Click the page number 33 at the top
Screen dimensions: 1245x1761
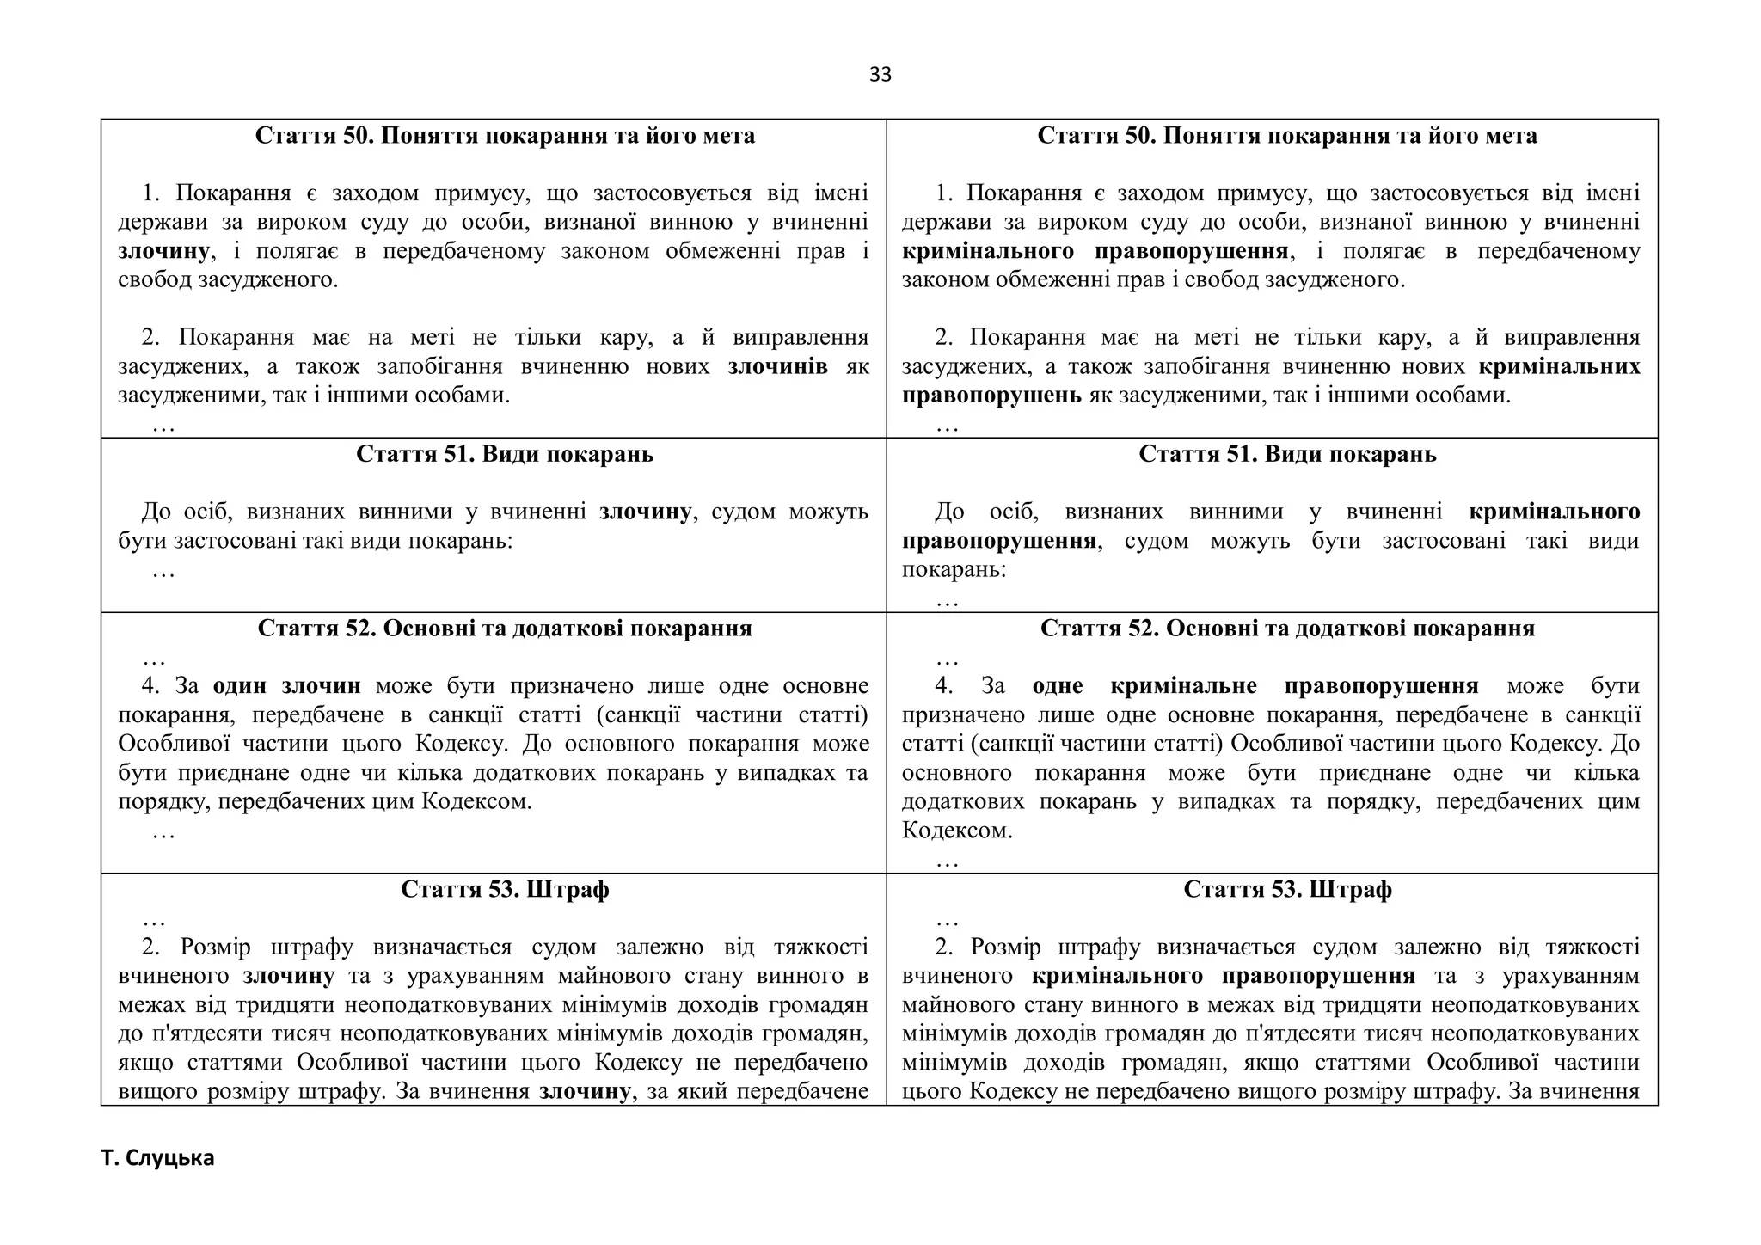[x=880, y=75]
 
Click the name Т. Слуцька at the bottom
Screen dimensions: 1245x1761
[x=157, y=1158]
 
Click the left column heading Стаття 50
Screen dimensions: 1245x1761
[x=505, y=136]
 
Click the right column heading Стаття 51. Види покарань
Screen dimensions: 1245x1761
[x=1286, y=454]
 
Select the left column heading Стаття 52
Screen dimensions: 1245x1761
[x=505, y=629]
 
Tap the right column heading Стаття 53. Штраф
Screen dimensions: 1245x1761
[x=1286, y=889]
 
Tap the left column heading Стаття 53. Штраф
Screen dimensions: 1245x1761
[x=505, y=889]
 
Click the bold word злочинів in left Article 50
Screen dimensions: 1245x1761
[x=777, y=367]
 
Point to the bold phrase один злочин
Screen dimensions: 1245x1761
[x=286, y=686]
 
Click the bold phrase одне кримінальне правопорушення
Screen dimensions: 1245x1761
[x=1255, y=686]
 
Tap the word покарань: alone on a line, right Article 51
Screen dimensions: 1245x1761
[x=954, y=570]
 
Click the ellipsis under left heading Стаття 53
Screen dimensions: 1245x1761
[x=154, y=918]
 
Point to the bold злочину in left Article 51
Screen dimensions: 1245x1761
[x=645, y=512]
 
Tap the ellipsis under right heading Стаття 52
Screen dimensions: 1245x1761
[x=947, y=659]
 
